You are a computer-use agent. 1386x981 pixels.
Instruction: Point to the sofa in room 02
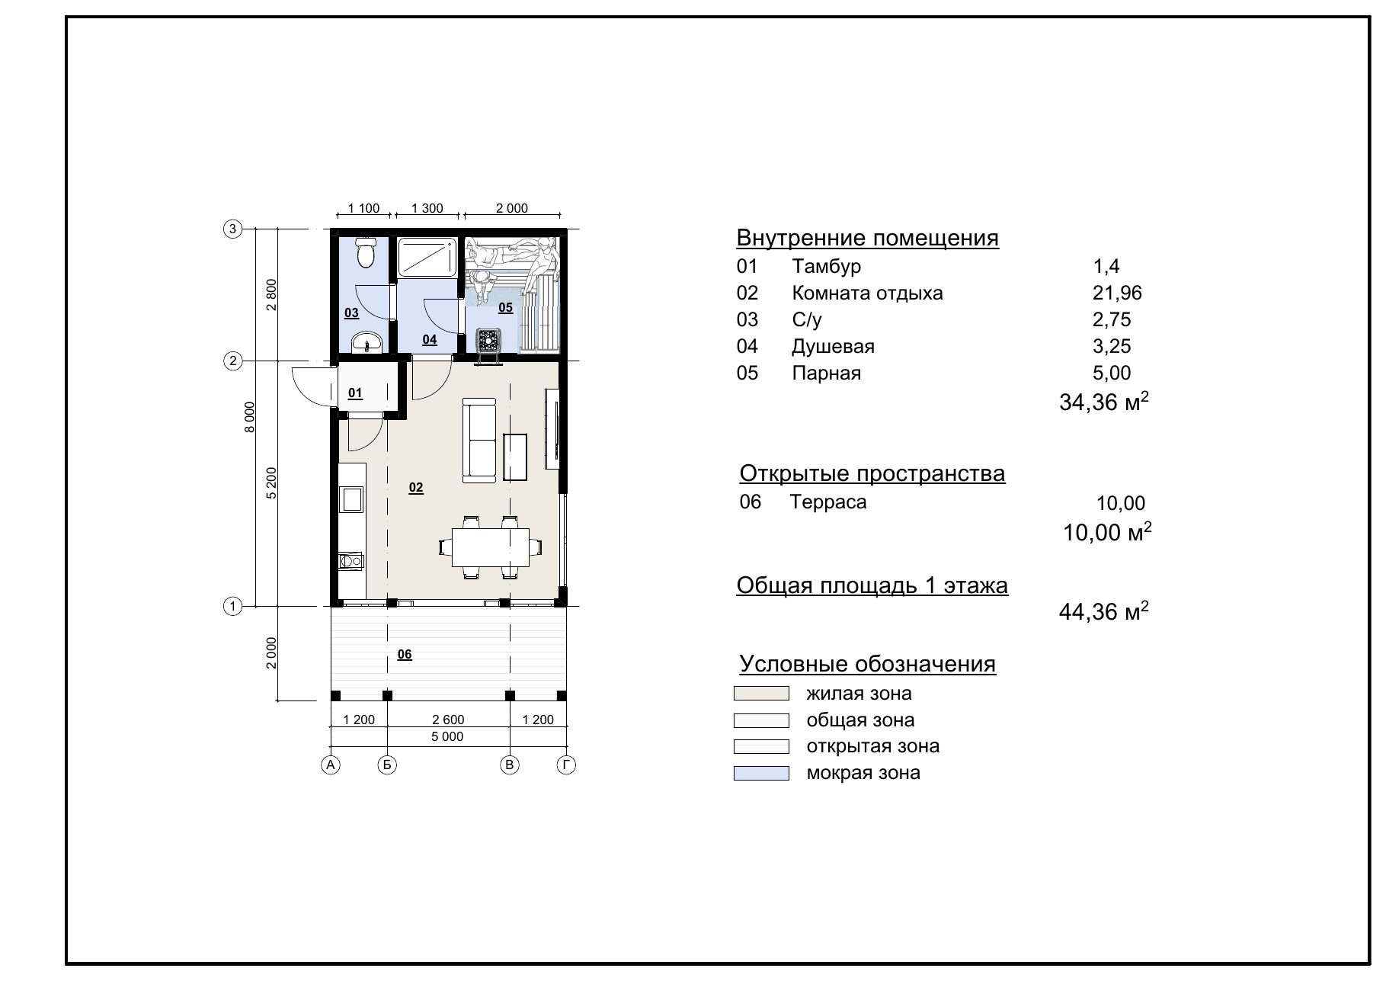[479, 442]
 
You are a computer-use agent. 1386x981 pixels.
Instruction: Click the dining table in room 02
[491, 547]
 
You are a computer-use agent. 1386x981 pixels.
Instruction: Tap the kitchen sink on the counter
[352, 499]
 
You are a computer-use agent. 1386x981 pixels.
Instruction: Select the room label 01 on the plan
[355, 393]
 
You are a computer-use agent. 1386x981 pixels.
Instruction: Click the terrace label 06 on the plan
[405, 655]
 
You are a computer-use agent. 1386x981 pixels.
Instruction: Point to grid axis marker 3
[232, 229]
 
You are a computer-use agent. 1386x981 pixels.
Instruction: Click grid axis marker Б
[387, 765]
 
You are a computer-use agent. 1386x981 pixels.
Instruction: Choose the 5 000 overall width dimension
[447, 736]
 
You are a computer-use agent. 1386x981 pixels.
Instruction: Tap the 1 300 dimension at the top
[427, 208]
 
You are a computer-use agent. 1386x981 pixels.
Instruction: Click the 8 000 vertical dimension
[249, 417]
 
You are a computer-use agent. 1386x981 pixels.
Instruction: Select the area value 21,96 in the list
[1117, 293]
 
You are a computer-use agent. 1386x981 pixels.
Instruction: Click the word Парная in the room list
[826, 373]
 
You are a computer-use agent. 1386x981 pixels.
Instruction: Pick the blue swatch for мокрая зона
[761, 773]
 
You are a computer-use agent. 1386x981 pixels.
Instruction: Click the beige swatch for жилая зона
[761, 694]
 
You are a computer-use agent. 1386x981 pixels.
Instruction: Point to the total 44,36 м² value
[1104, 611]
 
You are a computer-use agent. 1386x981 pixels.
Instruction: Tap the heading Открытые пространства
[872, 473]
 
